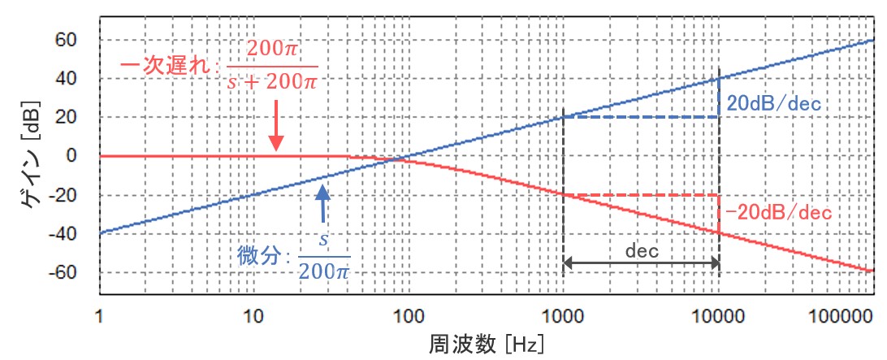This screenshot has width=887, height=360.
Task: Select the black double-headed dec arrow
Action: click(x=641, y=262)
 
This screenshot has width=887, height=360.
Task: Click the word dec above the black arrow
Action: click(x=641, y=250)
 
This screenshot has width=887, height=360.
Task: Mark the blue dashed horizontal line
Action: click(x=641, y=117)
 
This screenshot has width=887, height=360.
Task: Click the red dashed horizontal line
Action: click(x=641, y=195)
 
